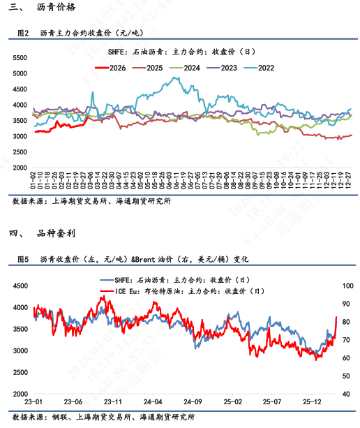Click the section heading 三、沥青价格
pos(43,8)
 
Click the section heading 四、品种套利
pos(43,232)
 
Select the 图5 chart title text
pos(132,258)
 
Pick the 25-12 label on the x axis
pos(312,402)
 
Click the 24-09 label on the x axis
pos(193,402)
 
